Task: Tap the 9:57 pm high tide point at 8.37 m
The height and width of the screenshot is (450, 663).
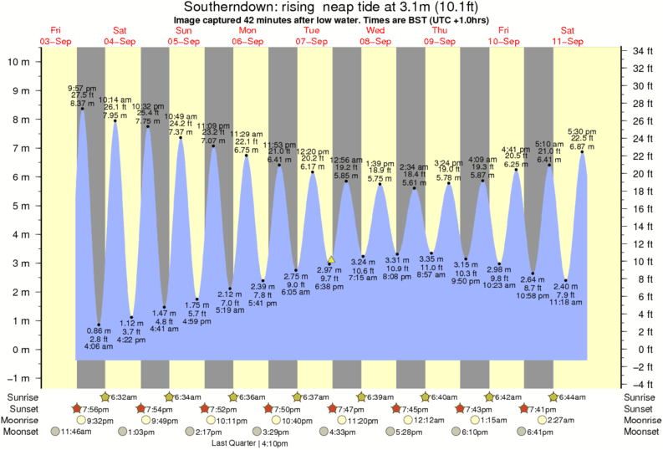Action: (x=82, y=108)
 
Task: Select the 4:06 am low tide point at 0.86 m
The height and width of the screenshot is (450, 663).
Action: (x=99, y=325)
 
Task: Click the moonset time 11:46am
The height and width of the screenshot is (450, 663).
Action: (x=75, y=432)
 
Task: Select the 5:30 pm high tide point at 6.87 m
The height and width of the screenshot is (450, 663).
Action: (x=582, y=151)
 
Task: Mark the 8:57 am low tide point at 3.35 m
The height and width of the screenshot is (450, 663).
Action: (x=431, y=253)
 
